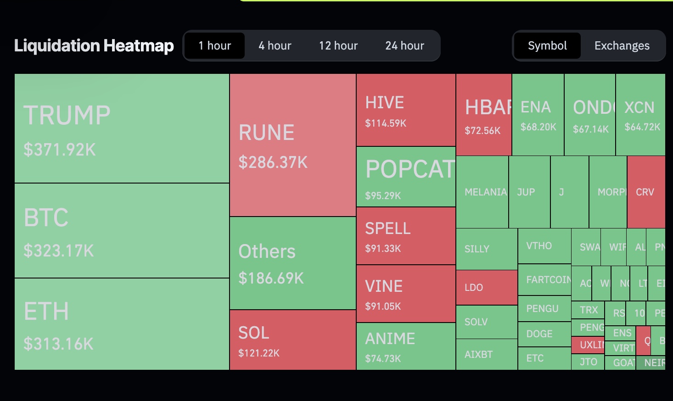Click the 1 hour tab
(x=214, y=46)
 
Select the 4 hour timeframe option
(x=275, y=46)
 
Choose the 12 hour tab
(x=338, y=46)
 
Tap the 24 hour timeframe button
(x=404, y=46)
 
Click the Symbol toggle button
(x=547, y=46)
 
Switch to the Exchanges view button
(x=622, y=46)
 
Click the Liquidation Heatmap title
(x=94, y=46)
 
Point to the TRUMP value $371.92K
(x=60, y=150)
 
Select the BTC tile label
(x=46, y=217)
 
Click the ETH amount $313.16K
(x=58, y=344)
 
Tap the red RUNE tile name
(x=266, y=133)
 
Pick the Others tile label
(x=267, y=251)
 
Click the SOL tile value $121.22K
(x=259, y=353)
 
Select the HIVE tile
(x=406, y=110)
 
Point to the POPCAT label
(x=410, y=169)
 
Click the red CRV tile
(x=645, y=192)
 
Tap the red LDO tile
(x=486, y=288)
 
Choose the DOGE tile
(x=544, y=334)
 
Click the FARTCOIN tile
(x=544, y=279)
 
